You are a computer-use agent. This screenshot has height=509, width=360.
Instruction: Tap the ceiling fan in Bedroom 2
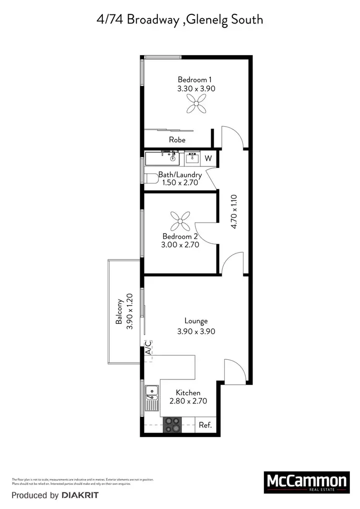pos(180,222)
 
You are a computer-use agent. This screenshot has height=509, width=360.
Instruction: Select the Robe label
pos(177,140)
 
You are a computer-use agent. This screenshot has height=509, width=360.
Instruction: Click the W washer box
pos(208,158)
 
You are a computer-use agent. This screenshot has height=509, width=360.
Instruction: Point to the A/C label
pos(148,347)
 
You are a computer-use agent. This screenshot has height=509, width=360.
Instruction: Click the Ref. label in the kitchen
pos(205,425)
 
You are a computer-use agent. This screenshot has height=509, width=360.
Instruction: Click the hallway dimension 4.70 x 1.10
pos(234,212)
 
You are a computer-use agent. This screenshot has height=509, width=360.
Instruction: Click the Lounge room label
pos(196,321)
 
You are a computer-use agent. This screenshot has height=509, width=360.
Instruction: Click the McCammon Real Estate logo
pos(306,482)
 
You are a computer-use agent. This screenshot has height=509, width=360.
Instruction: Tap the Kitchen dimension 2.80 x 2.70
pos(188,401)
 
